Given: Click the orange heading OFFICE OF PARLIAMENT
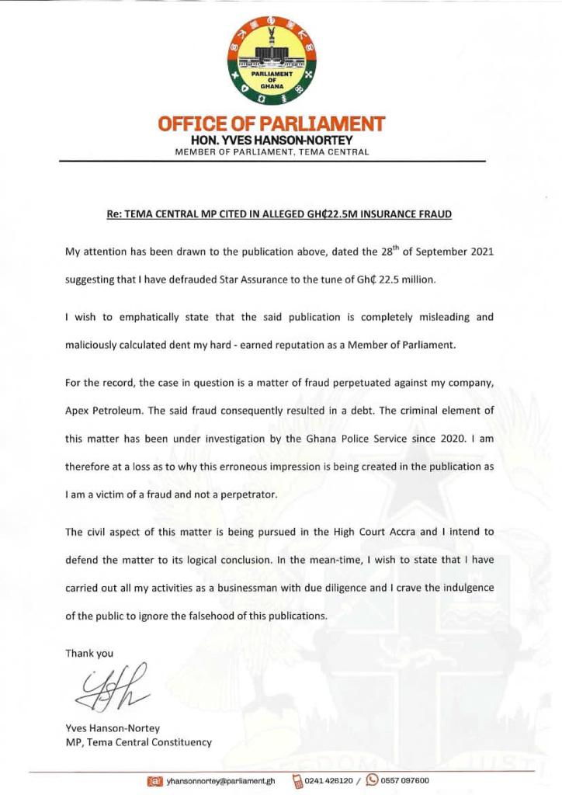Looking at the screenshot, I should pos(271,123).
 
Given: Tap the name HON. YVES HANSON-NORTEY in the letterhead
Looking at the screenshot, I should pos(272,140).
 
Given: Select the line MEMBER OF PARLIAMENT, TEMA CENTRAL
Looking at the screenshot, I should pos(272,152).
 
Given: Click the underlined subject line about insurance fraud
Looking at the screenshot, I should pos(278,213).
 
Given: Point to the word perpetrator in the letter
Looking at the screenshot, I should pos(258,495).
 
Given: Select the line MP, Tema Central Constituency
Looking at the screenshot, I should pos(138,742).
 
